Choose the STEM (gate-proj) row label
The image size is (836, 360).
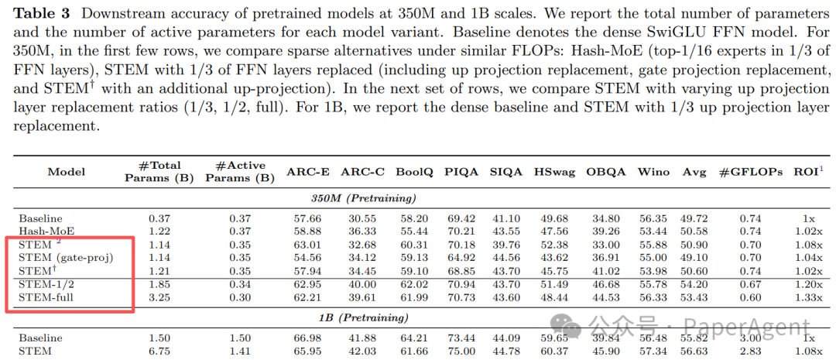pyautogui.click(x=66, y=257)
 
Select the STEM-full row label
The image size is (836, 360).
pyautogui.click(x=49, y=298)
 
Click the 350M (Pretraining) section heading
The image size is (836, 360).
pyautogui.click(x=361, y=198)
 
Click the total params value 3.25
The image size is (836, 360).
pyautogui.click(x=159, y=298)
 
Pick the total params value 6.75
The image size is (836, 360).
pyautogui.click(x=159, y=351)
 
